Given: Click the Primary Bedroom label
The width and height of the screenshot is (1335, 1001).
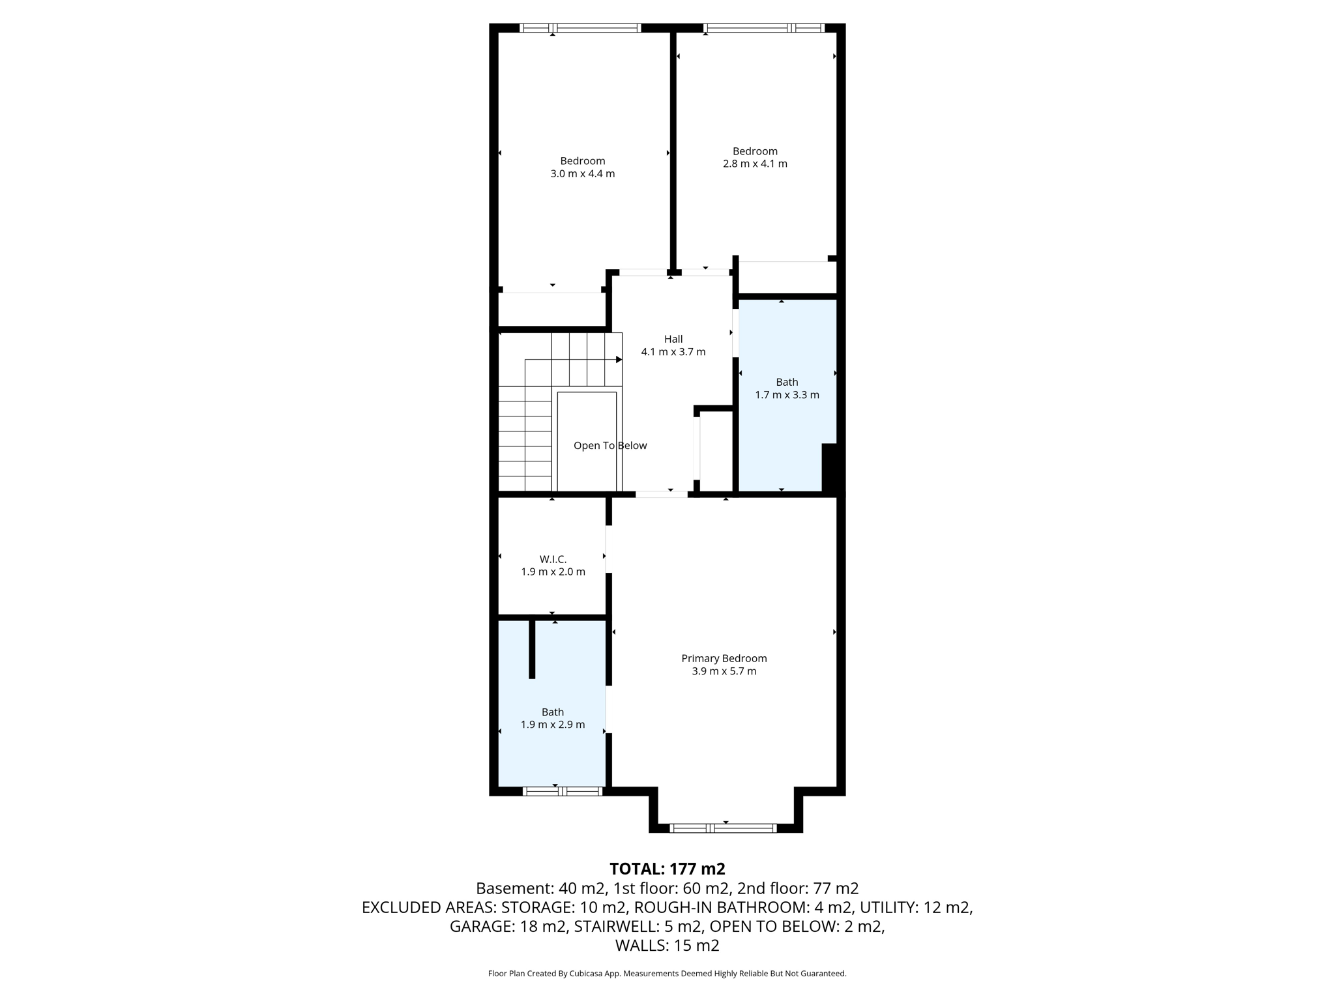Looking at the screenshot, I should [x=724, y=658].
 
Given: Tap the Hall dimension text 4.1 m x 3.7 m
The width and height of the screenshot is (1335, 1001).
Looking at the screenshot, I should [x=673, y=352].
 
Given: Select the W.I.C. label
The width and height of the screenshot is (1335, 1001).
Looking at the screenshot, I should [x=553, y=559].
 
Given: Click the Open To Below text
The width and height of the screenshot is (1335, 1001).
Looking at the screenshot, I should [x=610, y=446].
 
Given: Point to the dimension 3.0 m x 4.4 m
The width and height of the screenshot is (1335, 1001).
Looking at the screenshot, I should [x=582, y=174].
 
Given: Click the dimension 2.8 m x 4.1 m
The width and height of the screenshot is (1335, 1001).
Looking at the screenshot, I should [x=755, y=164].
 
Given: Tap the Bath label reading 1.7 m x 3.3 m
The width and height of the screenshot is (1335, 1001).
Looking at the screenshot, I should [x=787, y=395].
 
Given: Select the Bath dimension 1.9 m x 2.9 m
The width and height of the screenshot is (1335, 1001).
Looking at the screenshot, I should [x=552, y=725].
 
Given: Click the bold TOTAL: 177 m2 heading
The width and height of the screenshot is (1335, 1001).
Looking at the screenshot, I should [x=667, y=869].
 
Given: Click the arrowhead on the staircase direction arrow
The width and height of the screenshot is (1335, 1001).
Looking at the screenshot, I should [x=619, y=360].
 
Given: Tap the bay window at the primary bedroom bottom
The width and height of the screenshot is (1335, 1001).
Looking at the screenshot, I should [x=723, y=828].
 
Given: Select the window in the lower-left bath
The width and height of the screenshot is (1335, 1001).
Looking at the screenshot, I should [x=561, y=791].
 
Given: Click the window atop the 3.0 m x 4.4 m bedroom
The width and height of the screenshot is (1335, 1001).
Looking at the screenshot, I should [x=580, y=28].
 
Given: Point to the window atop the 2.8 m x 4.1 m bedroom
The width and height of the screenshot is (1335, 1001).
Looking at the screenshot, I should [x=763, y=28].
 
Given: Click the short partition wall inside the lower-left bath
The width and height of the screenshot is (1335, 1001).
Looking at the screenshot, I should [x=532, y=648].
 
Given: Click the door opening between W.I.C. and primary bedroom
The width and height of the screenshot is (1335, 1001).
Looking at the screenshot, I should [x=608, y=549].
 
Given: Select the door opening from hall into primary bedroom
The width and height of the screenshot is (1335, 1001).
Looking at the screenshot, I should [x=661, y=495].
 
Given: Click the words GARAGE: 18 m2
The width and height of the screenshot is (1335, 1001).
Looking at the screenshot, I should [x=508, y=926].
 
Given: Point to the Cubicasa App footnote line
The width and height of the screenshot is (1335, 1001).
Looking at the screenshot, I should [x=667, y=974].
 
